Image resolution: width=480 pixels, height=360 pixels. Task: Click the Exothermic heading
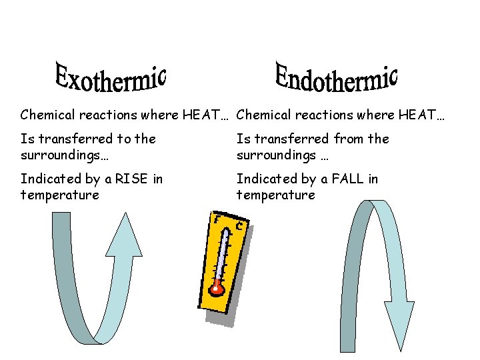coord(110,79)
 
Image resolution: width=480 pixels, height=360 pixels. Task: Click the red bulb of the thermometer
coord(216,288)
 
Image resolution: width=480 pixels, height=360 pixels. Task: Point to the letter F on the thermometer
coord(216,218)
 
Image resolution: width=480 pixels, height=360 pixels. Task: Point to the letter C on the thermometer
coord(239,226)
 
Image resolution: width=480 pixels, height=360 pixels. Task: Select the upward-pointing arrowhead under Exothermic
coord(124,237)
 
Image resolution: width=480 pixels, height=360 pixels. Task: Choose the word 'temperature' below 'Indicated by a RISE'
coord(59,195)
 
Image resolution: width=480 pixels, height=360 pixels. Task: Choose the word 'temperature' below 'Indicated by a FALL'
coord(275,195)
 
